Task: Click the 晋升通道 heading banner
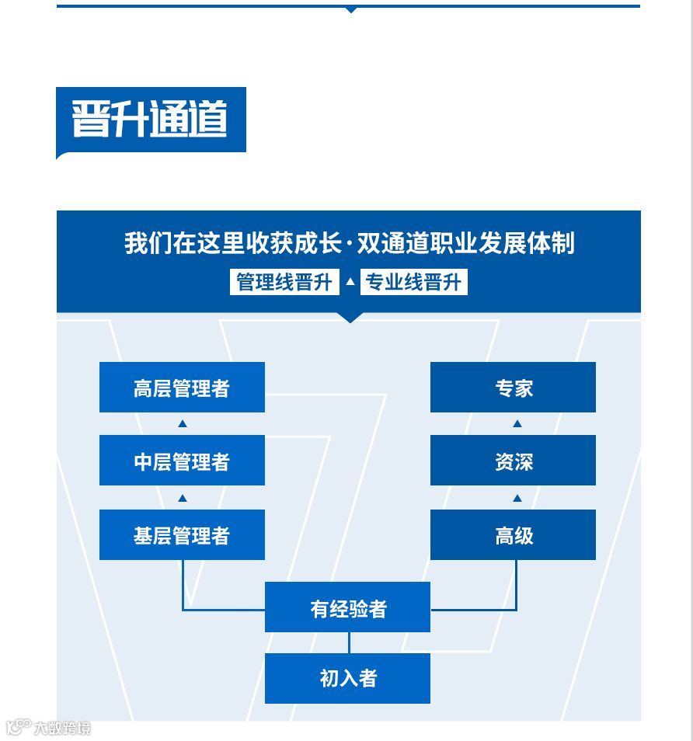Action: coord(151,120)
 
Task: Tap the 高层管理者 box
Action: coord(182,387)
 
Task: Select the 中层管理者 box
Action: coord(182,461)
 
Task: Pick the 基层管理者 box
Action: coord(182,534)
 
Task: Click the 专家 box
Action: coord(513,387)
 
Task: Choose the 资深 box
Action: coord(513,461)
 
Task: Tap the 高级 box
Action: coord(513,534)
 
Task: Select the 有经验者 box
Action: coord(347,607)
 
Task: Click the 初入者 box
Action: coord(347,678)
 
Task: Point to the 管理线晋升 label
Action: coord(284,282)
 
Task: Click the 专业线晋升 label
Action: coord(414,282)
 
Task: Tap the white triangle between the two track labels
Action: coord(350,282)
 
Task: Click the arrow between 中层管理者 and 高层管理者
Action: coord(183,424)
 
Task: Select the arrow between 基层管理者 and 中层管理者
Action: coord(183,498)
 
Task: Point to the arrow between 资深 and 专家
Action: coord(517,424)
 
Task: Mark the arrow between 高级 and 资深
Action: coord(517,498)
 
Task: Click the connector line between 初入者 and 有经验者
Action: coord(349,642)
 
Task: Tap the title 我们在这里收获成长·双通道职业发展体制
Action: coord(349,243)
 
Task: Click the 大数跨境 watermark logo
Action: coord(48,728)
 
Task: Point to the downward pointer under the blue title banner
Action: coord(350,317)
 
